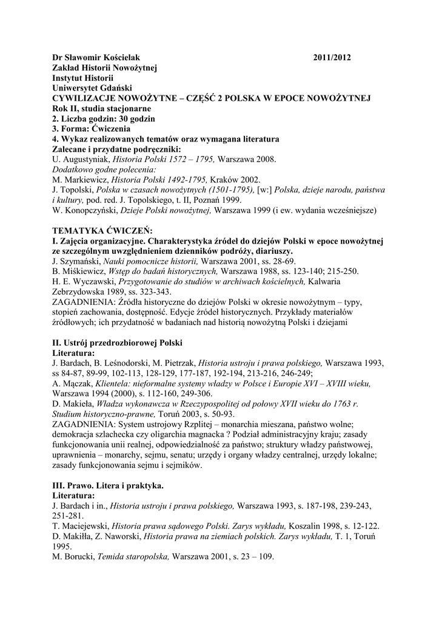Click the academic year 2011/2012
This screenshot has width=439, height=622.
click(x=332, y=58)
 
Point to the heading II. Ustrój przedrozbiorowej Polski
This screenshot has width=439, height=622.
click(x=118, y=342)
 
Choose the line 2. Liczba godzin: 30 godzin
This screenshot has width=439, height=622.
click(x=104, y=118)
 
